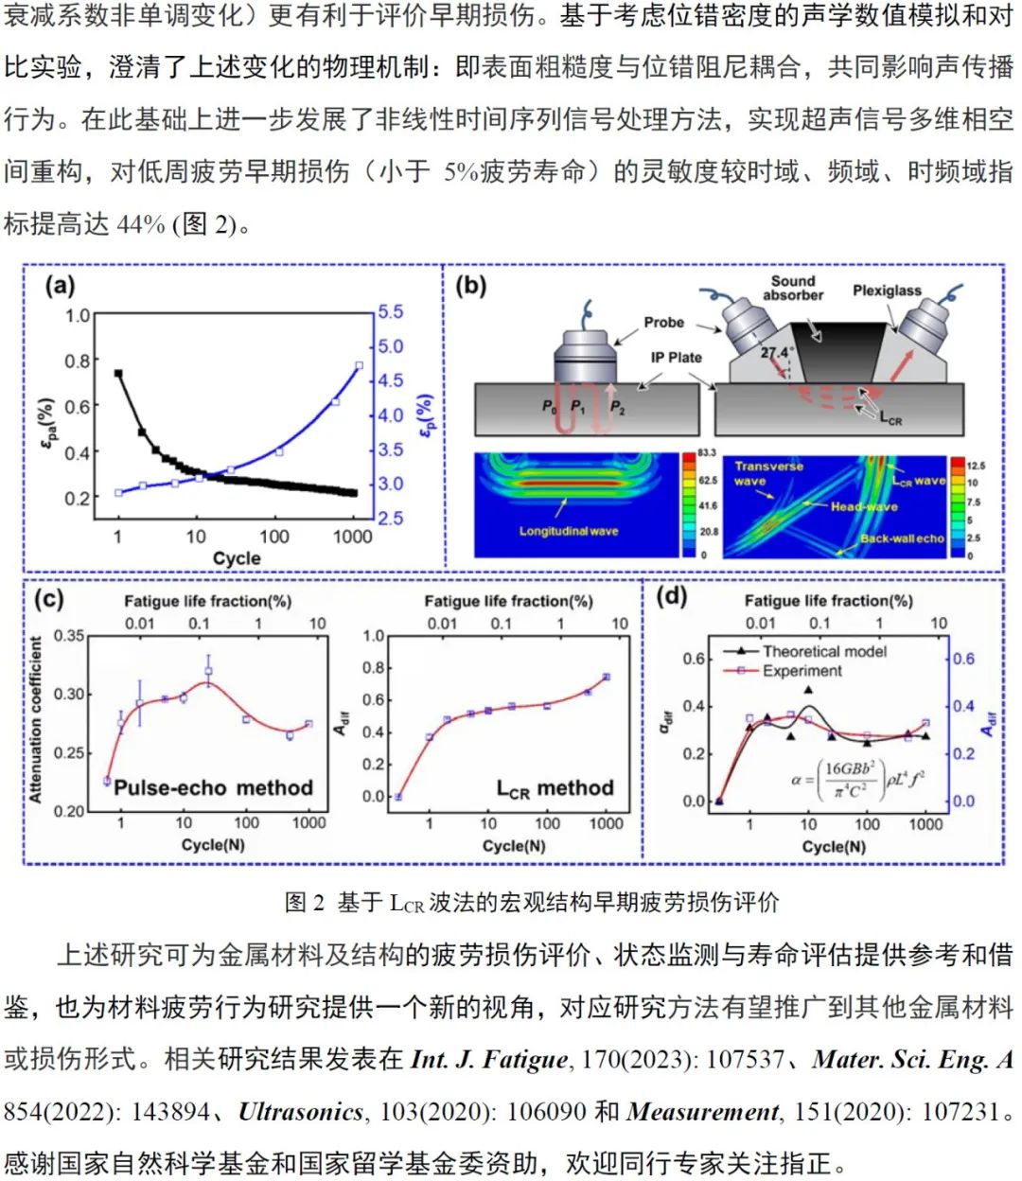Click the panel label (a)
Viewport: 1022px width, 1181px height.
pyautogui.click(x=60, y=286)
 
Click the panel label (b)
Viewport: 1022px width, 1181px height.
pyautogui.click(x=470, y=286)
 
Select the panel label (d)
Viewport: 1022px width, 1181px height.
pyautogui.click(x=671, y=596)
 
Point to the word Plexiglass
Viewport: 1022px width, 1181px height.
pyautogui.click(x=886, y=291)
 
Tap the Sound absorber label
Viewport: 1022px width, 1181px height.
pyautogui.click(x=793, y=288)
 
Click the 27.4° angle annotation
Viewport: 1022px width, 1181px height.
pyautogui.click(x=775, y=353)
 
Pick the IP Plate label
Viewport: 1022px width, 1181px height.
pyautogui.click(x=677, y=358)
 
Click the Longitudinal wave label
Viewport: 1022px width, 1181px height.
pyautogui.click(x=568, y=531)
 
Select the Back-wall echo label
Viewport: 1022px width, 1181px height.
pyautogui.click(x=902, y=538)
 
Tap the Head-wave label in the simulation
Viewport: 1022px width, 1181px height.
pyautogui.click(x=864, y=506)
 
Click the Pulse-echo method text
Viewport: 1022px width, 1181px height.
pyautogui.click(x=213, y=788)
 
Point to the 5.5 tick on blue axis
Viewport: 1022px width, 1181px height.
pyautogui.click(x=390, y=312)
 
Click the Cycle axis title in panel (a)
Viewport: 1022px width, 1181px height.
pyautogui.click(x=237, y=558)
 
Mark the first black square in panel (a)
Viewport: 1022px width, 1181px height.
pyautogui.click(x=118, y=374)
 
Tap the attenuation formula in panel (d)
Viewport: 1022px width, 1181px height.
pyautogui.click(x=857, y=782)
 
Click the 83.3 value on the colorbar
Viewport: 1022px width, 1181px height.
pyautogui.click(x=707, y=453)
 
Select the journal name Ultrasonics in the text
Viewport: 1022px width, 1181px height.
pyautogui.click(x=301, y=1112)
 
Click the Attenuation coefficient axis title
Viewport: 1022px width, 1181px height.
pyautogui.click(x=36, y=720)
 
